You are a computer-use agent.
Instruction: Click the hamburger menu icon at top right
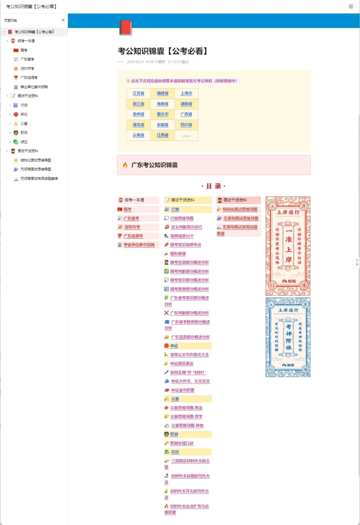click(x=351, y=7)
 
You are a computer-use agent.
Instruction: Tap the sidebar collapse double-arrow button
click(x=63, y=20)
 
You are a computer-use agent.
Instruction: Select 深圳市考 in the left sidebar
click(x=27, y=69)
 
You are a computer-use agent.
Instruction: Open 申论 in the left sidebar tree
click(x=24, y=114)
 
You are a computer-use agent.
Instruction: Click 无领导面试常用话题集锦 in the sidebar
click(x=39, y=179)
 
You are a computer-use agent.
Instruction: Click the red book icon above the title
click(x=126, y=28)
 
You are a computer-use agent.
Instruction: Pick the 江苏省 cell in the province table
click(x=138, y=93)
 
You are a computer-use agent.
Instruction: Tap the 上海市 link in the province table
click(x=186, y=93)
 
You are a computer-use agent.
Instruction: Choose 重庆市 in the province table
click(x=162, y=114)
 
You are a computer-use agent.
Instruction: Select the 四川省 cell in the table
click(x=186, y=125)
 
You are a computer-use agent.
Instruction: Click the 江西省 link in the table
click(x=162, y=135)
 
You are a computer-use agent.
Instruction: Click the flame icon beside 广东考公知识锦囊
click(x=125, y=165)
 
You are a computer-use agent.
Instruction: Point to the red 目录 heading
click(x=214, y=186)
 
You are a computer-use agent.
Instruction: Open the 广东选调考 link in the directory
click(x=133, y=236)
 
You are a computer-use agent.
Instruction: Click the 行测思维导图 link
click(x=182, y=218)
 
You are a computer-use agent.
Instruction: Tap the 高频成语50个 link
click(x=182, y=236)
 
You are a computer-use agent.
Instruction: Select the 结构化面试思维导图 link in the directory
click(x=240, y=209)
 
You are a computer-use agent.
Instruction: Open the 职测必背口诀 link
click(x=182, y=443)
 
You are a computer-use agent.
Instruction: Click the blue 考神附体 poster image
click(x=288, y=337)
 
